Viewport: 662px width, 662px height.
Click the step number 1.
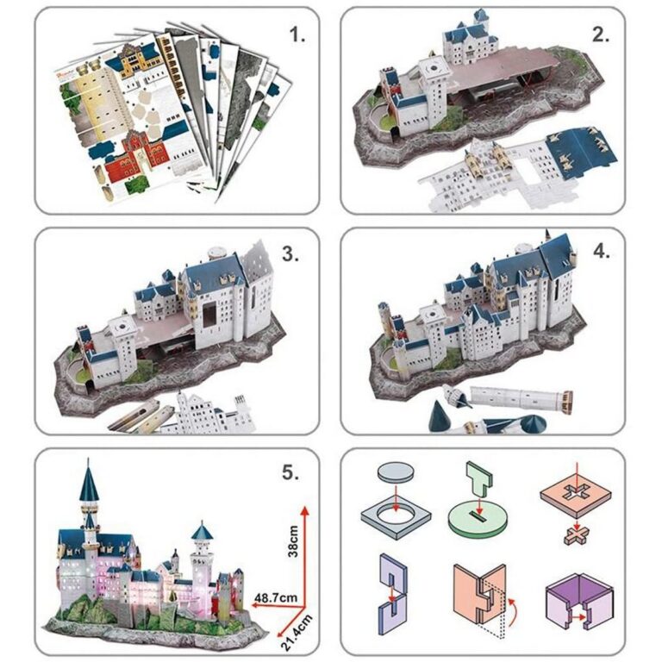click(297, 35)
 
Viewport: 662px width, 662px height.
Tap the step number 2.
click(601, 35)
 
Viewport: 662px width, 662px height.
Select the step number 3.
click(290, 253)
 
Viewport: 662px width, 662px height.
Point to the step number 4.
click(601, 251)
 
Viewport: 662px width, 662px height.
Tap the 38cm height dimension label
click(292, 541)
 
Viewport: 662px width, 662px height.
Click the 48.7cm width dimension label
click(276, 598)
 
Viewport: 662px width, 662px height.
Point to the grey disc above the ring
click(395, 472)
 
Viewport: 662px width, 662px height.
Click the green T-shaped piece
click(479, 478)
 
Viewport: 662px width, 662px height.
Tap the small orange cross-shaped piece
click(576, 536)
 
